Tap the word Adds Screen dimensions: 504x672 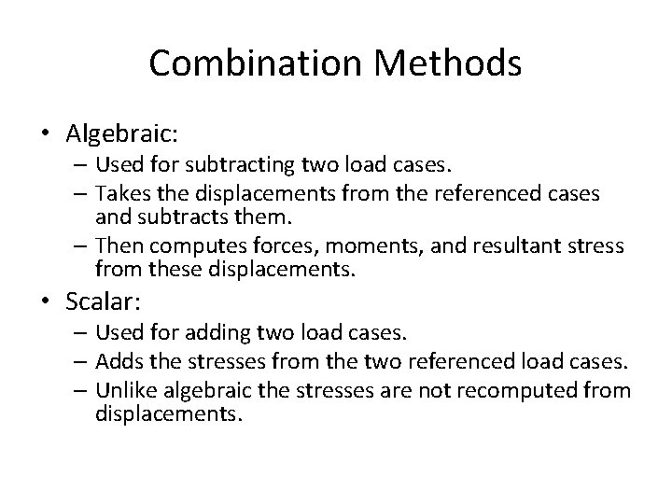coord(117,360)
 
